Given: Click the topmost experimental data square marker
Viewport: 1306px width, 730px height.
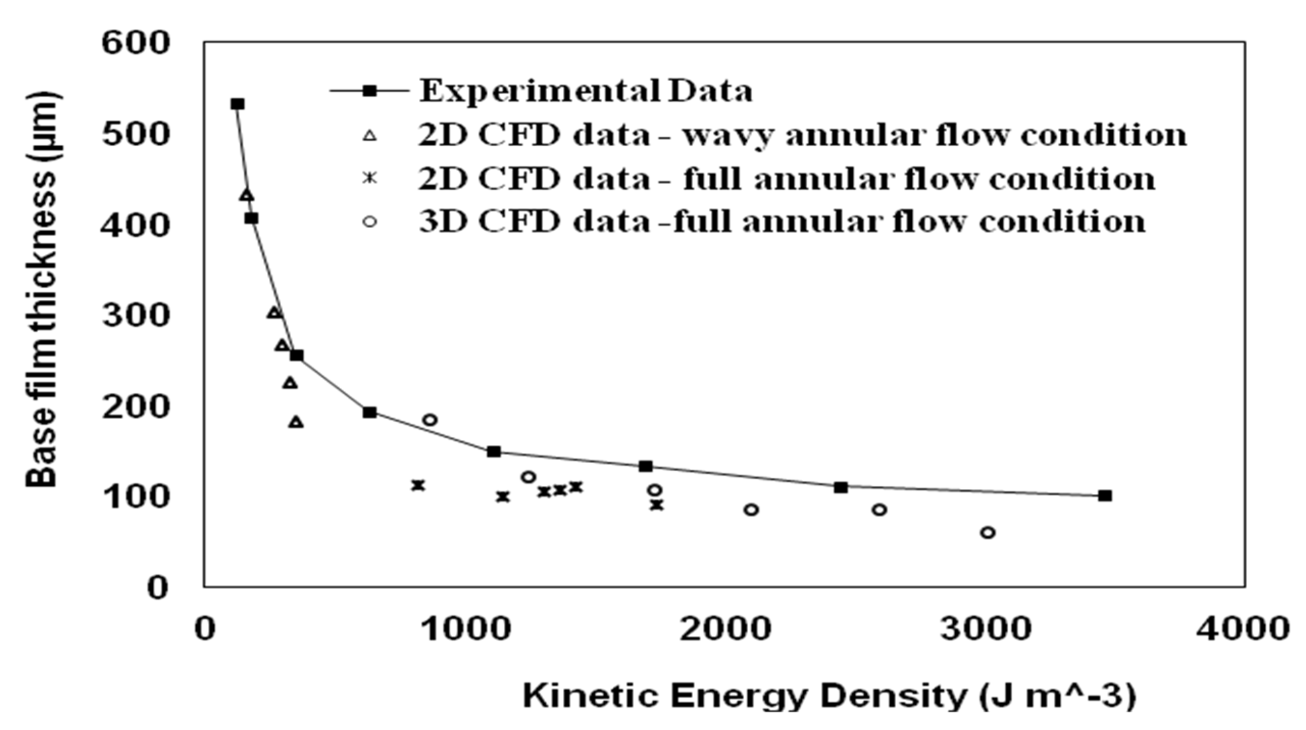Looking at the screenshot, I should pyautogui.click(x=237, y=104).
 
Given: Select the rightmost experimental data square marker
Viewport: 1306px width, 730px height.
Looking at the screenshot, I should pyautogui.click(x=1105, y=496).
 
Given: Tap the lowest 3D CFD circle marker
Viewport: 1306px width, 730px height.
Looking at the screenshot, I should pyautogui.click(x=988, y=532).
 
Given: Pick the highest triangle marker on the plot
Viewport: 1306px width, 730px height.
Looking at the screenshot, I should pyautogui.click(x=246, y=195).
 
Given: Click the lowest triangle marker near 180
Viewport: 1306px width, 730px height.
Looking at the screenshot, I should pyautogui.click(x=296, y=422).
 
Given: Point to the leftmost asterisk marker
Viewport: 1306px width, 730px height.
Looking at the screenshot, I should pyautogui.click(x=418, y=485).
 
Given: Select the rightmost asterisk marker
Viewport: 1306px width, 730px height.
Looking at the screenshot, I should pyautogui.click(x=657, y=505).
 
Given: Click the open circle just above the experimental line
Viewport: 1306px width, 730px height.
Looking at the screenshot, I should pyautogui.click(x=430, y=420).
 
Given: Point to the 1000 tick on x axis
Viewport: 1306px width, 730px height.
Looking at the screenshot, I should pyautogui.click(x=466, y=629).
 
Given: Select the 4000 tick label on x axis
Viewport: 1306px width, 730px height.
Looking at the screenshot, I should pyautogui.click(x=1242, y=629).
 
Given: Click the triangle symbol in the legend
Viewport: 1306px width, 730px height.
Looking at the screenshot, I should pyautogui.click(x=370, y=136).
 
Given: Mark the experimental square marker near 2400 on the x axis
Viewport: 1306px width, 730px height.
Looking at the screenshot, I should pyautogui.click(x=841, y=488).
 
